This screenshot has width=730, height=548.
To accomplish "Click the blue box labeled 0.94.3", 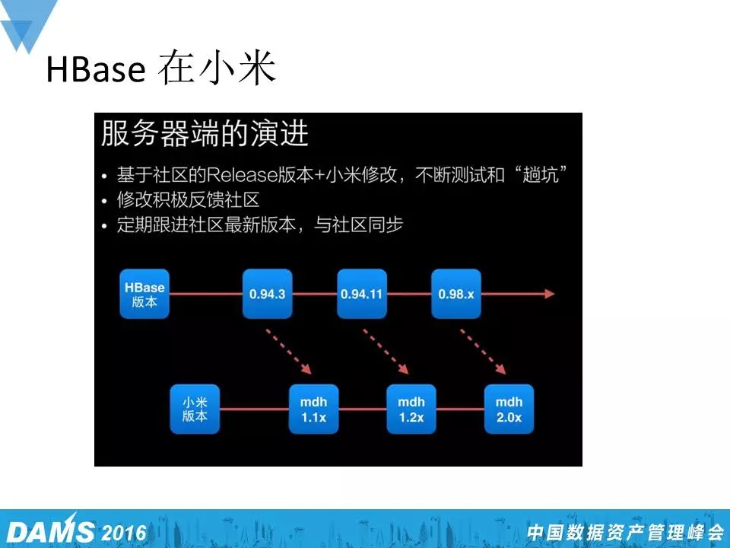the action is click(x=267, y=294).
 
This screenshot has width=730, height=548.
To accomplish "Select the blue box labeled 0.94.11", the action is click(x=362, y=294).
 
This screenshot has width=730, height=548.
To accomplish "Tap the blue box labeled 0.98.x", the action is click(x=456, y=294).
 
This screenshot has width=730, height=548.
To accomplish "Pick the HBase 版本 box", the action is click(x=144, y=294).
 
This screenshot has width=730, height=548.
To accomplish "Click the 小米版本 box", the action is click(x=195, y=409).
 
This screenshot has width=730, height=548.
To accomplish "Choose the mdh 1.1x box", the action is click(x=314, y=409).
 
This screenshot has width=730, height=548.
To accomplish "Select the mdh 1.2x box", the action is click(x=411, y=409).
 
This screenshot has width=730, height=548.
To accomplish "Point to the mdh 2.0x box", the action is click(x=509, y=409).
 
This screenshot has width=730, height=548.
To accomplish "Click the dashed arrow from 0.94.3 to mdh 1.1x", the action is click(x=289, y=352).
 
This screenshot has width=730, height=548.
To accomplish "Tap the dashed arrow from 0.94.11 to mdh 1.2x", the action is click(x=386, y=352).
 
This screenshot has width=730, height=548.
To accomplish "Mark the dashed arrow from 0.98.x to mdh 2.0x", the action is click(x=484, y=352).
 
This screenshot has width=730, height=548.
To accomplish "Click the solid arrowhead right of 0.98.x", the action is click(x=550, y=294).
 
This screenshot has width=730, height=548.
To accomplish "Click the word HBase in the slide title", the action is click(x=96, y=69).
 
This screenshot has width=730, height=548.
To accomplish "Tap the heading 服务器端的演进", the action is click(x=205, y=134).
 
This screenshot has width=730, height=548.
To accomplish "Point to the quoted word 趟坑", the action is click(x=541, y=175).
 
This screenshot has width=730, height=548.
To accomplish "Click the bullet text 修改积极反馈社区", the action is click(x=188, y=200).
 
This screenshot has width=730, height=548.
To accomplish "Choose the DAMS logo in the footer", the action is click(x=50, y=530).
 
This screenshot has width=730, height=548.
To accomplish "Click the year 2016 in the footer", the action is click(x=124, y=533).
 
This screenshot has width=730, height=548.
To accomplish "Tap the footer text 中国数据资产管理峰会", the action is click(x=625, y=533).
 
